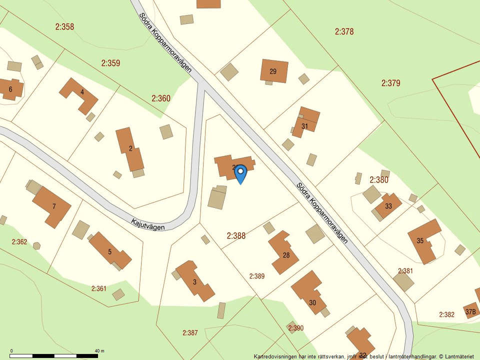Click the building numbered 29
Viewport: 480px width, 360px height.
click(273, 71)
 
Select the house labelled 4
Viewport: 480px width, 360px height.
click(81, 92)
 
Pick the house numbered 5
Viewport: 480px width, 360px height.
click(109, 251)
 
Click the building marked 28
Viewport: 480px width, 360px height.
click(285, 254)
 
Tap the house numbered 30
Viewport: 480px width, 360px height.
click(312, 302)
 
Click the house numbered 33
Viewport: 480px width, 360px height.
click(388, 205)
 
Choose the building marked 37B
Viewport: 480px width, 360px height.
click(470, 311)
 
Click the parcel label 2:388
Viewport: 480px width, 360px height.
click(236, 235)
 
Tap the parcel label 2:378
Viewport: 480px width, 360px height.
click(344, 31)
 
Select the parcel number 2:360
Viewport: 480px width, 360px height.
click(161, 98)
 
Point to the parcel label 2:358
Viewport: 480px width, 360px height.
click(64, 27)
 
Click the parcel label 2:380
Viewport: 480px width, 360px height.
click(379, 179)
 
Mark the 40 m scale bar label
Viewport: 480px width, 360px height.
click(99, 351)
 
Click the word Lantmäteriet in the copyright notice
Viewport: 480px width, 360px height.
click(458, 356)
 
